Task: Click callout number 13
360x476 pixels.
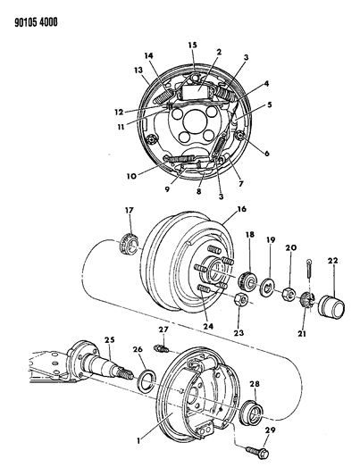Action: tap(138, 71)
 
